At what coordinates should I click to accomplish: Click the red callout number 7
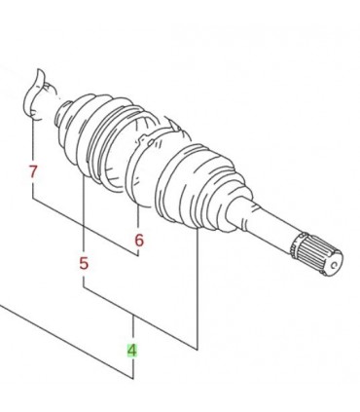point(33,171)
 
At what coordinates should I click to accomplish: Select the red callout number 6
point(139,241)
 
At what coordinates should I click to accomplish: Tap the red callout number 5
point(84,263)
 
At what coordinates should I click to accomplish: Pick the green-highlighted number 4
point(132,351)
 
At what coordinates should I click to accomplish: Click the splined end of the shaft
point(316,255)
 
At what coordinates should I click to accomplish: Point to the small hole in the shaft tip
point(334,265)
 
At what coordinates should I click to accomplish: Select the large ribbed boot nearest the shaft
point(201,188)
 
